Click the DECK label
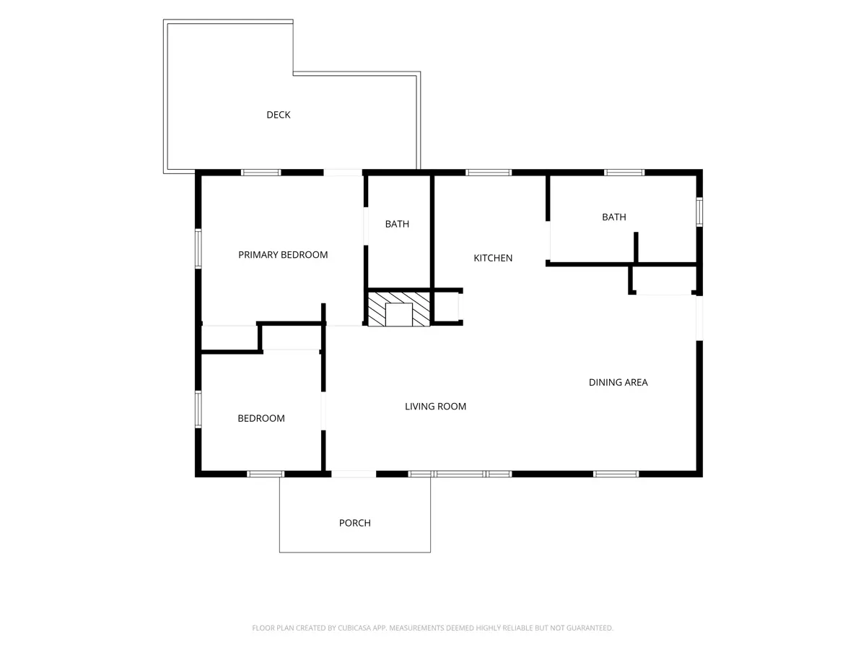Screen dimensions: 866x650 (x=278, y=115)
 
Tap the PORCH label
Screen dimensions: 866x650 (x=354, y=523)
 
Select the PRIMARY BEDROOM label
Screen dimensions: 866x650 (x=283, y=255)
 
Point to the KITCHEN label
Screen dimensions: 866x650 (x=493, y=258)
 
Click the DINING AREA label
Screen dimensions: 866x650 (x=618, y=383)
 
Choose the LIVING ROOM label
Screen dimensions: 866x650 (x=436, y=407)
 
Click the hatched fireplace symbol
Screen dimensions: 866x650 (x=399, y=309)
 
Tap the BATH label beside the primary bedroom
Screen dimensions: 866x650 (x=397, y=224)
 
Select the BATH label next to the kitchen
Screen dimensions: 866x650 (x=614, y=217)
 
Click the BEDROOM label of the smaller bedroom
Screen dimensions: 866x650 (x=261, y=418)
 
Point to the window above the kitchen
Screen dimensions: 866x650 (x=489, y=173)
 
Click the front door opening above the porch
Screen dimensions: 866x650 (x=354, y=474)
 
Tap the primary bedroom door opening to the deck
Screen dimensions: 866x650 (x=343, y=173)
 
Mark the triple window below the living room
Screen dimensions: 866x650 (x=460, y=474)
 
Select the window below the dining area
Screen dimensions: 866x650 (x=616, y=474)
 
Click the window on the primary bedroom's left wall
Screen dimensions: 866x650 (x=198, y=248)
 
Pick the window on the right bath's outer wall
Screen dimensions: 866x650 (x=699, y=212)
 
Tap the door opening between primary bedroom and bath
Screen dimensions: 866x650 (x=366, y=226)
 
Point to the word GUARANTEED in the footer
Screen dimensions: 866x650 (x=590, y=628)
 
